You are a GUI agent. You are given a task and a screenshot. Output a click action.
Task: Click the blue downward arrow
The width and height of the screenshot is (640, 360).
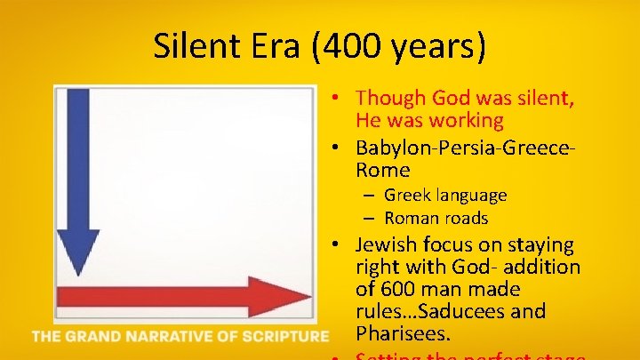click(78, 178)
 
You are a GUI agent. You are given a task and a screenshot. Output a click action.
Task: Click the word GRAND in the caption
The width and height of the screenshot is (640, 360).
click(96, 336)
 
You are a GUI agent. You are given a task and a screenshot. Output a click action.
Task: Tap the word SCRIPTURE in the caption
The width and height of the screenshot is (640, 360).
click(282, 336)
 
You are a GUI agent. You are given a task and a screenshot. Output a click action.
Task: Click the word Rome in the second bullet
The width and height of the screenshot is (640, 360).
click(383, 169)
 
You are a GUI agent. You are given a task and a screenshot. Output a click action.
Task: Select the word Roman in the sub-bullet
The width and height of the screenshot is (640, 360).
click(412, 218)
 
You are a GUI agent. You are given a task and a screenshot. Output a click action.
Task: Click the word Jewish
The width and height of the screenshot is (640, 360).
click(388, 244)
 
